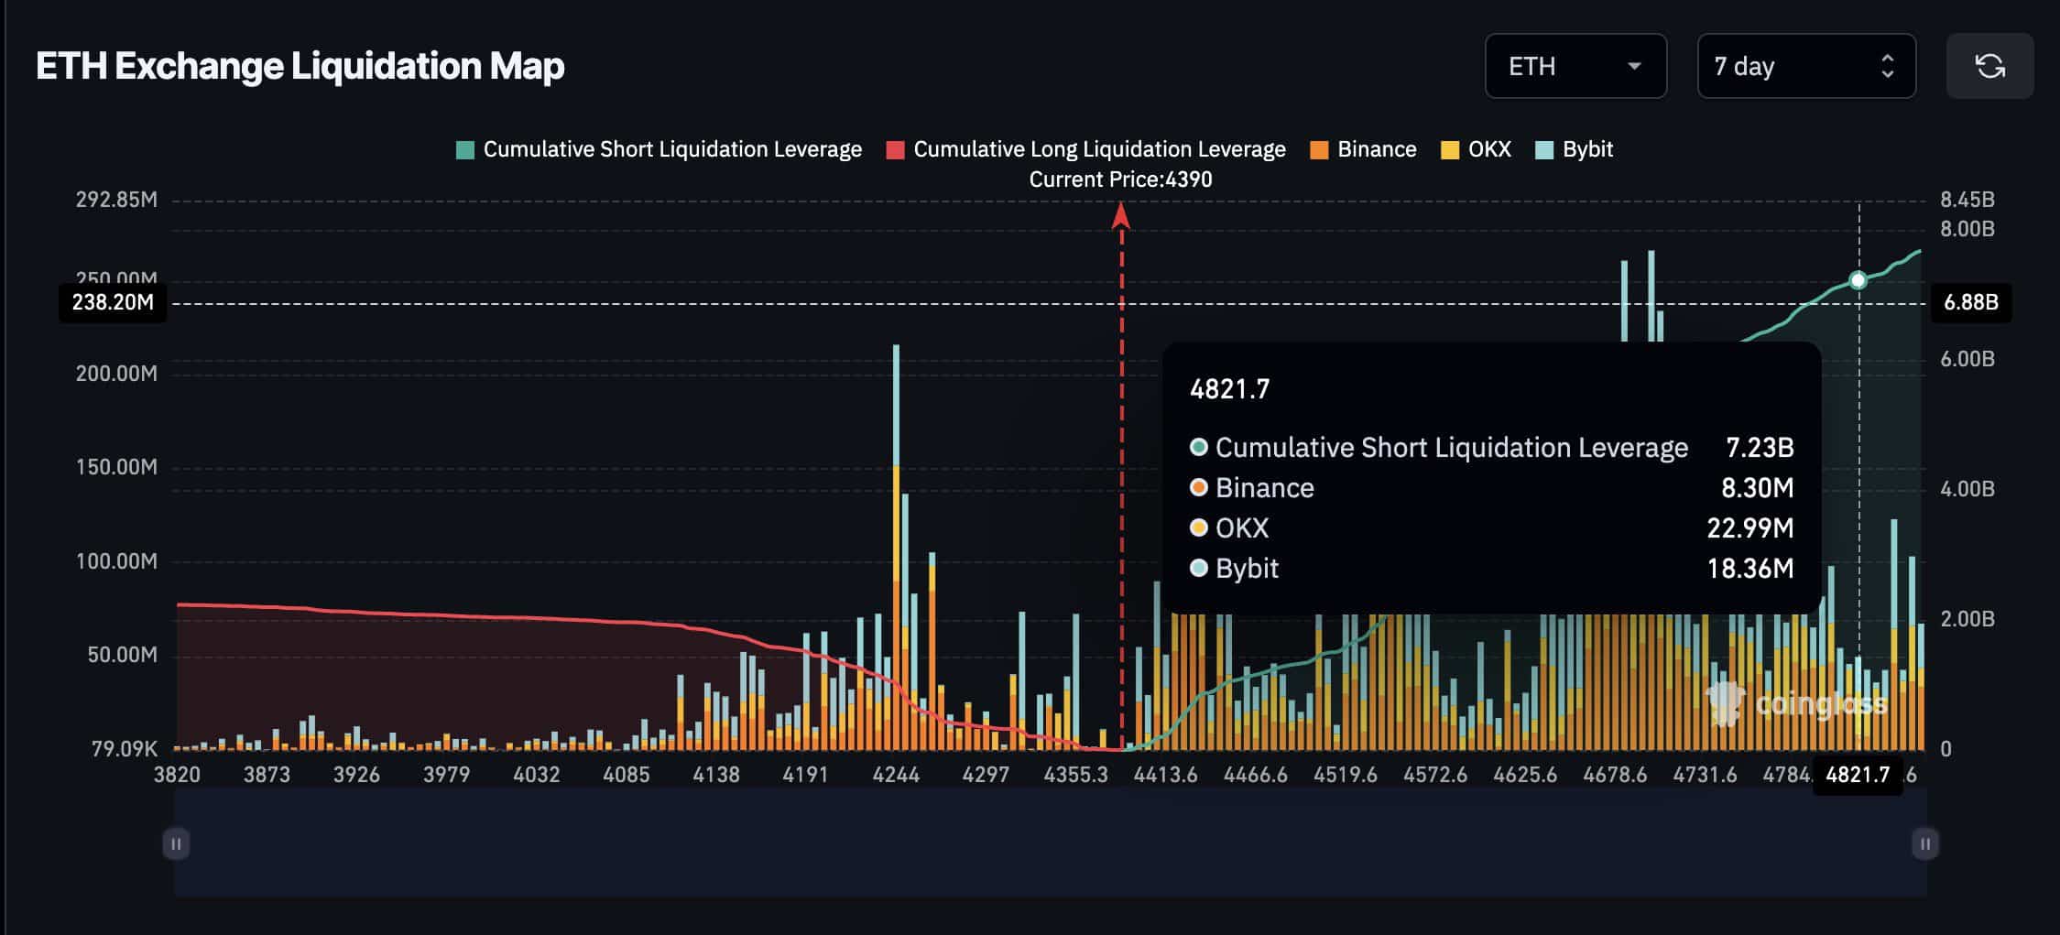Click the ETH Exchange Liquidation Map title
click(x=300, y=66)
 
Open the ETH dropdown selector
click(x=1575, y=66)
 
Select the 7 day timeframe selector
click(x=1805, y=66)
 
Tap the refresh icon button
click(x=1989, y=66)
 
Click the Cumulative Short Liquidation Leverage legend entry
click(x=659, y=149)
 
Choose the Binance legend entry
click(x=1364, y=149)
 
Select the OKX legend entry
click(x=1476, y=149)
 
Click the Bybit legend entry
click(x=1575, y=149)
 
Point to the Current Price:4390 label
click(x=1120, y=179)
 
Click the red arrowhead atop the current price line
click(x=1121, y=216)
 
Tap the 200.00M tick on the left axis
click(x=116, y=374)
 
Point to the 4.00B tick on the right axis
click(x=1967, y=489)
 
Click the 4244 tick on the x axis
click(x=896, y=775)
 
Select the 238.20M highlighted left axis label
click(x=113, y=302)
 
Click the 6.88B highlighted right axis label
click(x=1971, y=302)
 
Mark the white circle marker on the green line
click(x=1858, y=280)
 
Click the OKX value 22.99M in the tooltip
click(x=1749, y=528)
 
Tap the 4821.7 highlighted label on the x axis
click(x=1858, y=775)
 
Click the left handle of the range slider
click(x=176, y=843)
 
